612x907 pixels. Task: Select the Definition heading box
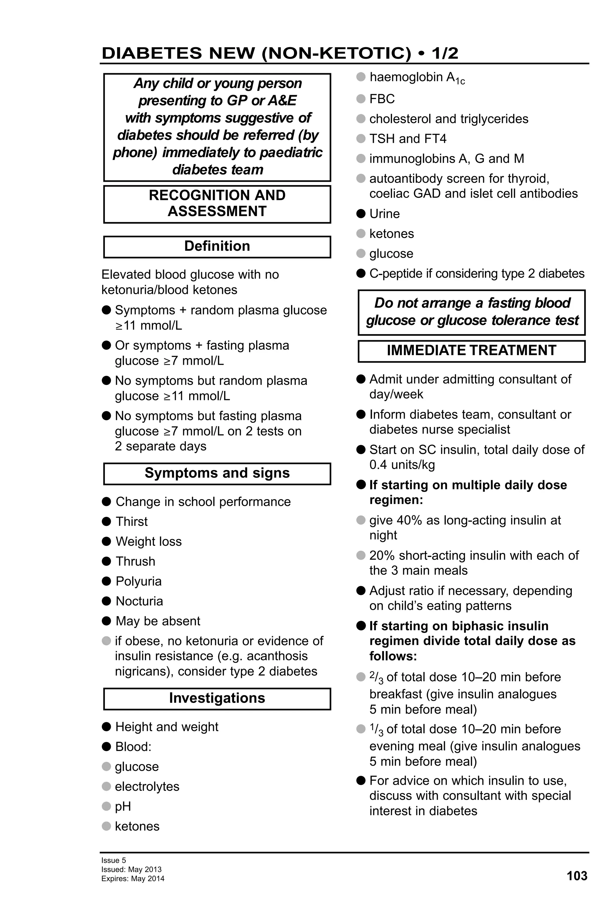(x=217, y=247)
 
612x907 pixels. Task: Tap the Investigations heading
(x=217, y=698)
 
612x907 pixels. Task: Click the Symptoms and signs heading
(x=217, y=473)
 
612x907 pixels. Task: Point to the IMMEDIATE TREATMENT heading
(x=471, y=350)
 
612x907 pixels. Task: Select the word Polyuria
(x=138, y=581)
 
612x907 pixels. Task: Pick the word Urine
(x=384, y=214)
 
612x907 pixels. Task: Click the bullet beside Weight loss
(x=106, y=541)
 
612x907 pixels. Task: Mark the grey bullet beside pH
(x=106, y=806)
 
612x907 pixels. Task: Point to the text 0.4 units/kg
(x=402, y=465)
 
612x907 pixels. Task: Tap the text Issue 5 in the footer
(x=114, y=860)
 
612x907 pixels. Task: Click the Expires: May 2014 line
(x=133, y=879)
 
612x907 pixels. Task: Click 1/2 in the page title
(x=445, y=54)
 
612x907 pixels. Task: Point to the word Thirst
(x=131, y=521)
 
